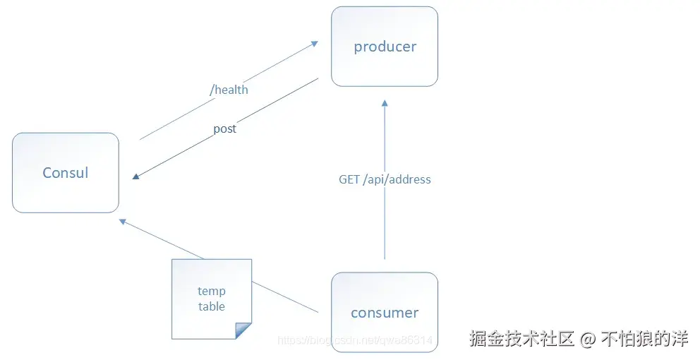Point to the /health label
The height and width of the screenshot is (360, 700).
tap(229, 90)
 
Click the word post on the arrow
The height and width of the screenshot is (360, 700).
tap(224, 129)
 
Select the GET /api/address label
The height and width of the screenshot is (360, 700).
tap(385, 179)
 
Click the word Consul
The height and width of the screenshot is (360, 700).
tap(66, 173)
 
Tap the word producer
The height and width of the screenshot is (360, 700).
tap(385, 47)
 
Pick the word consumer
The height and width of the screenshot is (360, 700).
tap(385, 313)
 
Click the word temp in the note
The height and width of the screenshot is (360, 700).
tap(212, 291)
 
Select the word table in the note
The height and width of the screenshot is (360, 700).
tap(212, 306)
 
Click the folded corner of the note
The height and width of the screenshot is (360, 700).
tap(243, 330)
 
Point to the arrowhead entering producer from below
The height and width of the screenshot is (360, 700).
tap(385, 103)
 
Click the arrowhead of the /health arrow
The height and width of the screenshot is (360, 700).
tap(314, 44)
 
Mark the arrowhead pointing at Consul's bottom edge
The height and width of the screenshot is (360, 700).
tap(123, 222)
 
